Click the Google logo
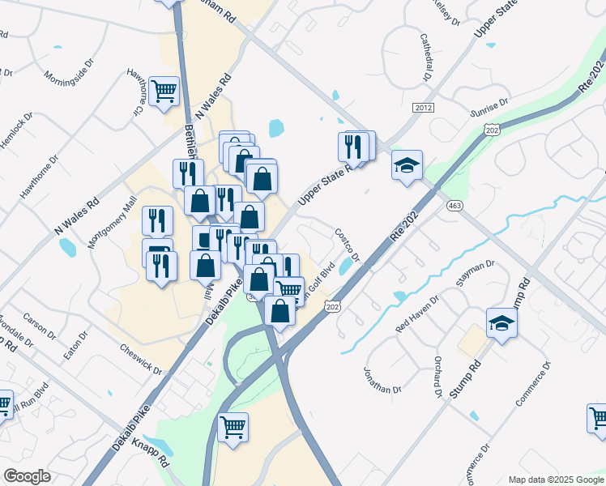[28, 476]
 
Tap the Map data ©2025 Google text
[555, 480]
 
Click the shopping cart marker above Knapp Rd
[233, 426]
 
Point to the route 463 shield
[454, 207]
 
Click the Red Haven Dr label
[416, 315]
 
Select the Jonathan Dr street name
[382, 378]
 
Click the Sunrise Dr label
[491, 105]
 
